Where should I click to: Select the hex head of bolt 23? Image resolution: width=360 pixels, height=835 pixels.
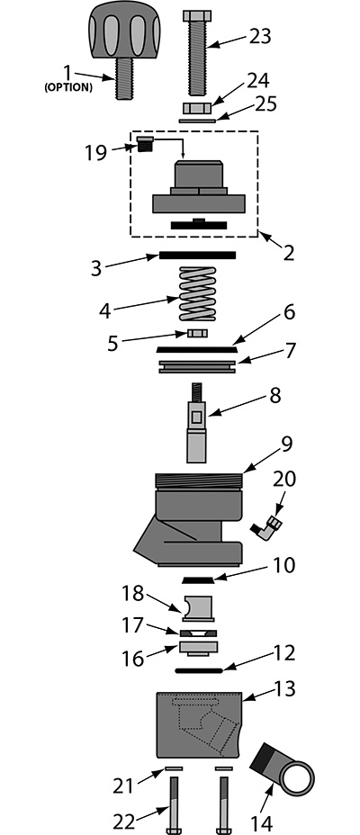click(197, 15)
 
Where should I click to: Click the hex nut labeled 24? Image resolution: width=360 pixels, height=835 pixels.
click(198, 108)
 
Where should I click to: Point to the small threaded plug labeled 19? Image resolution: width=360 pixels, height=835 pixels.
click(145, 144)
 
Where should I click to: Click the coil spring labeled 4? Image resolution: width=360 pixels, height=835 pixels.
click(198, 293)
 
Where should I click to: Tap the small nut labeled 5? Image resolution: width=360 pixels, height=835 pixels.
click(197, 333)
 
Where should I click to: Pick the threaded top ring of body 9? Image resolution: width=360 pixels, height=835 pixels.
click(199, 480)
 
